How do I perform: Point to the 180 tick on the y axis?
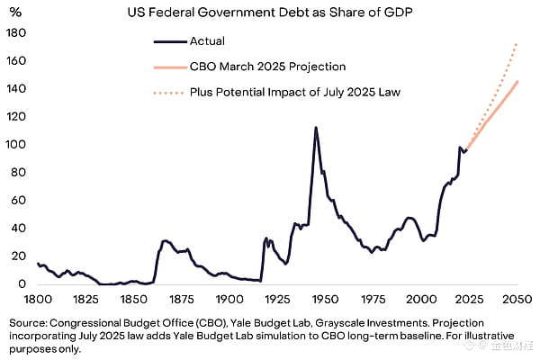pos(16,33)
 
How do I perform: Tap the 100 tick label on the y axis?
pos(16,145)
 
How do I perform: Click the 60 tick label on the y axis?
pos(19,201)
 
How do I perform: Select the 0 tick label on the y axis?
pos(22,284)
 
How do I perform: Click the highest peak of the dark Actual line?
pos(315,128)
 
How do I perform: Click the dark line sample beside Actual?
pos(168,40)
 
